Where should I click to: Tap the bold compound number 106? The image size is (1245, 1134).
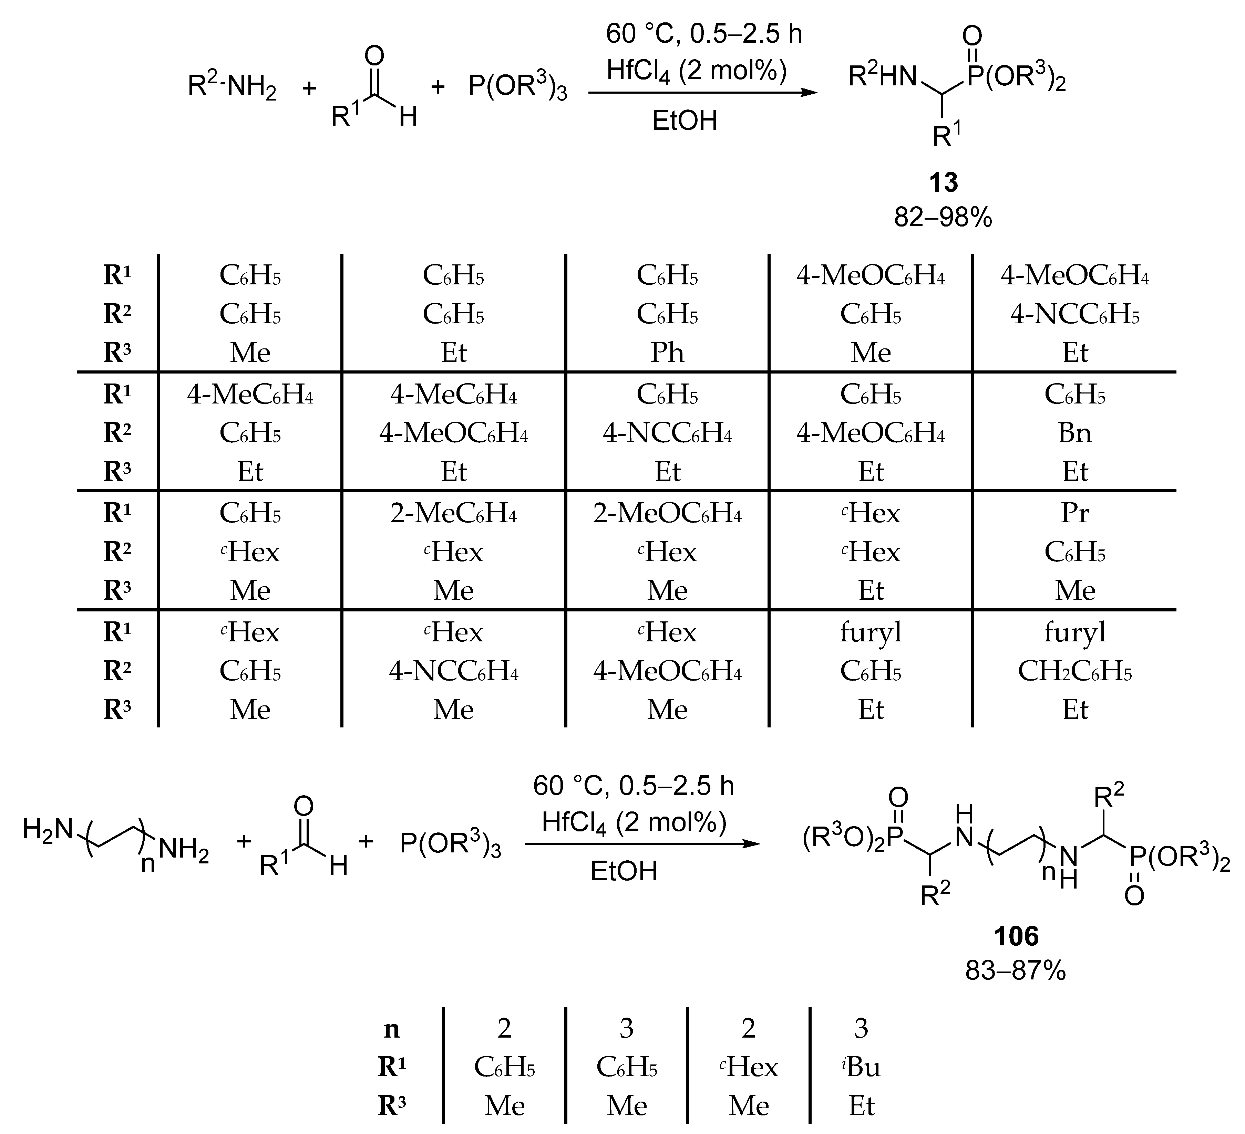pos(1016,936)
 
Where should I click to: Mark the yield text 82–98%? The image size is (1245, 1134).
pos(943,217)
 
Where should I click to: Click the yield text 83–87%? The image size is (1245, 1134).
pos(1016,971)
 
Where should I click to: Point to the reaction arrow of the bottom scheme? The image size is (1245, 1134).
pos(642,843)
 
